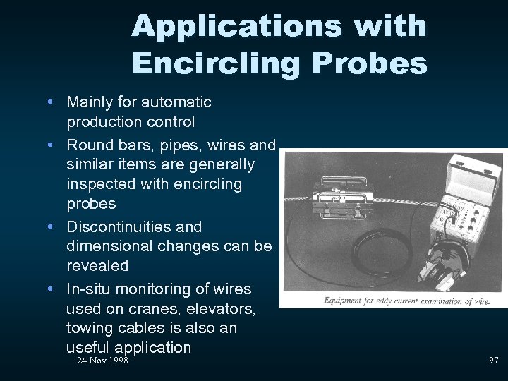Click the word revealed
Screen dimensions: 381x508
click(x=97, y=266)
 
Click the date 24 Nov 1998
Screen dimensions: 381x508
click(x=102, y=361)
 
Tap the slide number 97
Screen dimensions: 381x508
click(x=493, y=361)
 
